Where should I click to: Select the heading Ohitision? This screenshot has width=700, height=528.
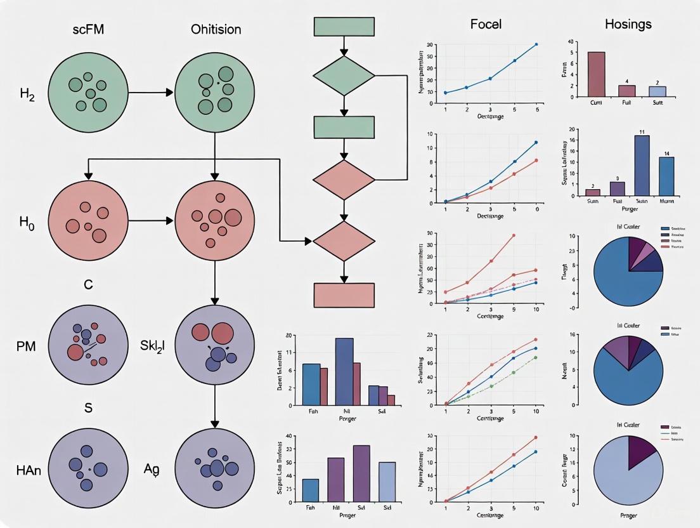pos(216,29)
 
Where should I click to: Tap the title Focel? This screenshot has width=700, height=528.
pos(486,25)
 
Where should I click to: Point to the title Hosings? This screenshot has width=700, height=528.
pos(628,25)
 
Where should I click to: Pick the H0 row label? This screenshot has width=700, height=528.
pos(27,223)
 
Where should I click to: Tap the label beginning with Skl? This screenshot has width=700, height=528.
pos(152,347)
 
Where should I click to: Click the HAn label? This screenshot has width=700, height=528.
pos(29,470)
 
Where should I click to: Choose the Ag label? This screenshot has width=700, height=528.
pos(152,470)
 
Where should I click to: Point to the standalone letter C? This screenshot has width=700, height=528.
pos(88,285)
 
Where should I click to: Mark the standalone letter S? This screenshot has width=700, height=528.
pos(88,408)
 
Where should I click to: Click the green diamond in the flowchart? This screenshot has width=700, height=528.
pos(344,76)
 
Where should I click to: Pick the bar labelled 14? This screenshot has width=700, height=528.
pos(666,176)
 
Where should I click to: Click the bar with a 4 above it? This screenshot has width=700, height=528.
pos(626,91)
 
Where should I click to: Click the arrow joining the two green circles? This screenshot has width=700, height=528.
pos(151,93)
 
